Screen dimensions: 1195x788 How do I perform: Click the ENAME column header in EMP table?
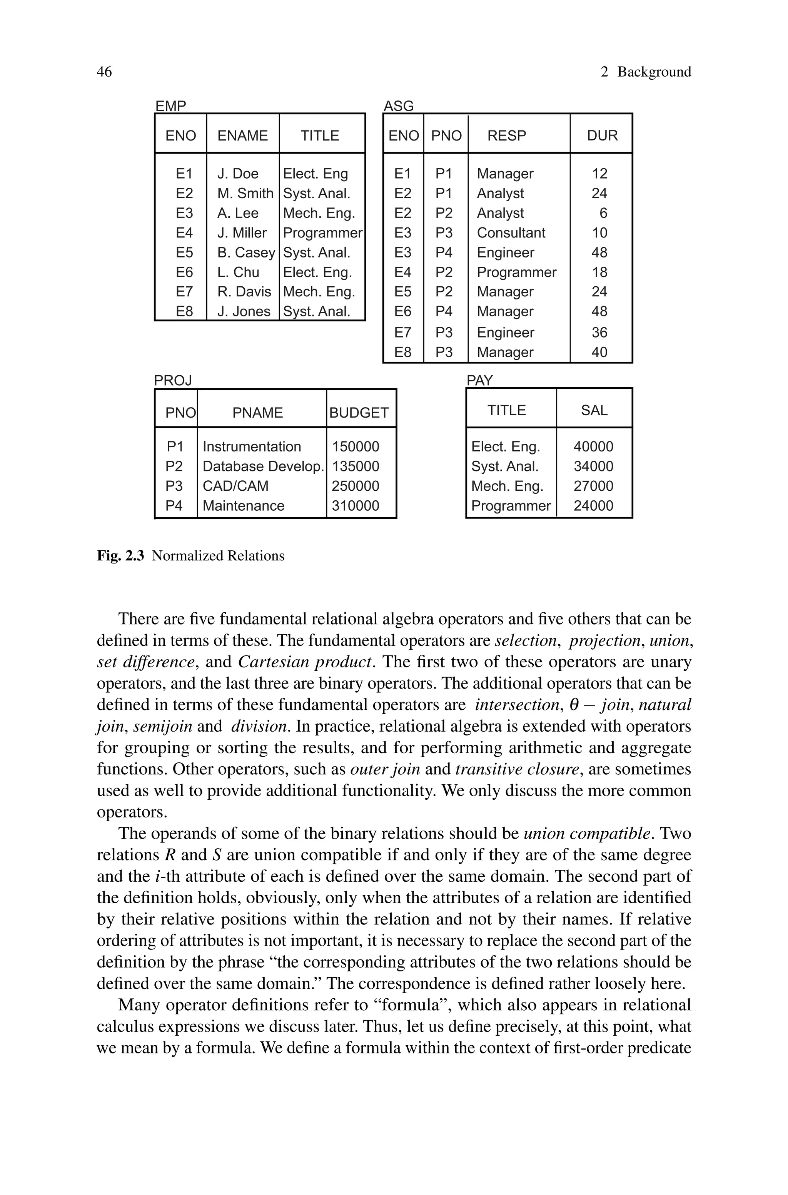tap(242, 136)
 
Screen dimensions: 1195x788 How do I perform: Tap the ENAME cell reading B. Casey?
tap(246, 252)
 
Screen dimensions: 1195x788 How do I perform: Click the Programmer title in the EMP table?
tap(322, 233)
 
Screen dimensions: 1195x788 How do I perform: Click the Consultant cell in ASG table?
tap(511, 233)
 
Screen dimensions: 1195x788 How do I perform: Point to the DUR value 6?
tap(603, 213)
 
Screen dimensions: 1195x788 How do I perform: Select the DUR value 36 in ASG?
tap(599, 333)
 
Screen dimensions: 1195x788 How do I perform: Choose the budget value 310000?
tap(355, 506)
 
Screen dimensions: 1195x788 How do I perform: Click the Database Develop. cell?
tap(263, 466)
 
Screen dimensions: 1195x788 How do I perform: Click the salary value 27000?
tap(593, 486)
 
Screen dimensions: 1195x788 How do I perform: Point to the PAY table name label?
tap(479, 380)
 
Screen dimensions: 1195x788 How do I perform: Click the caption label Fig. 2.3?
tap(120, 556)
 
